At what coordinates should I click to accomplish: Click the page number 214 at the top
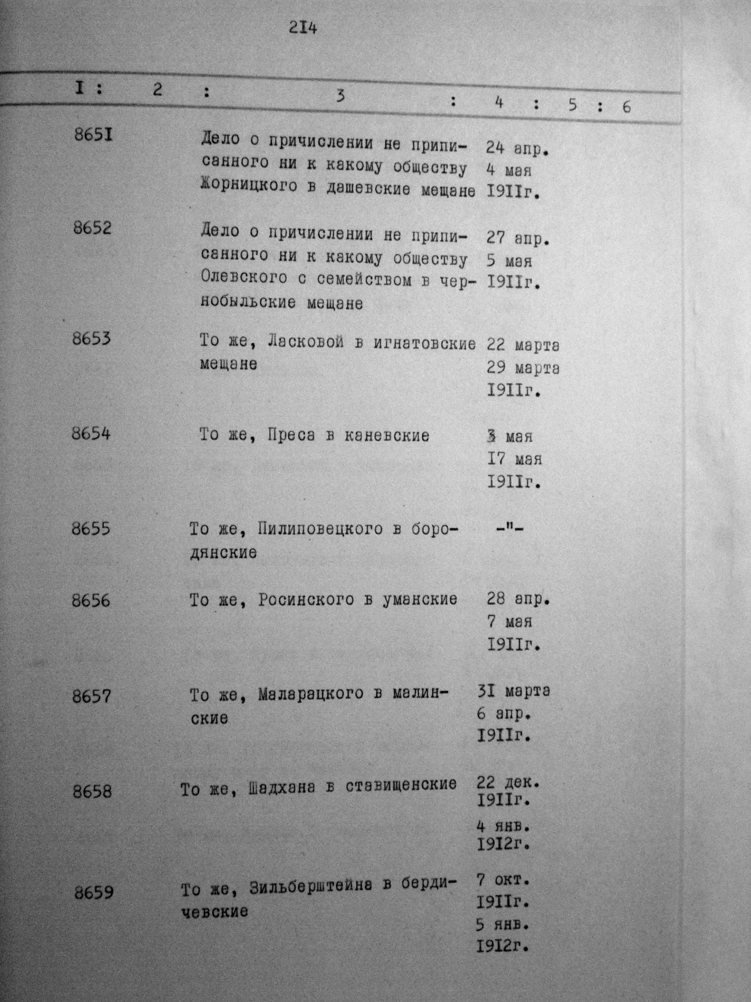point(303,28)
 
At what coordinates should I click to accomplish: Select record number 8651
point(93,135)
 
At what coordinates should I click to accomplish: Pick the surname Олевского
point(244,278)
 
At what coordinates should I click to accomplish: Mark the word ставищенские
point(401,785)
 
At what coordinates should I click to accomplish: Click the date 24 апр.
point(517,148)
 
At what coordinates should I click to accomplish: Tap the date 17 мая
point(514,459)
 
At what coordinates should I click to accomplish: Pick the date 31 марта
point(513,691)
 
